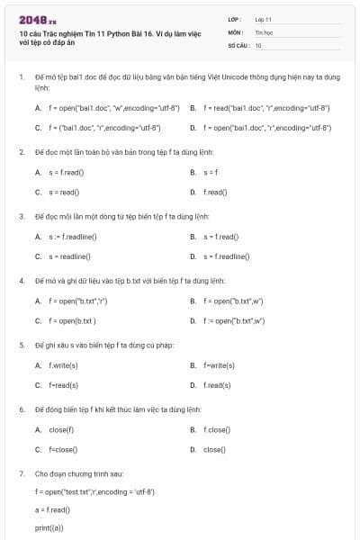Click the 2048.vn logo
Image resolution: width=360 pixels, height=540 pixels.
coord(31,19)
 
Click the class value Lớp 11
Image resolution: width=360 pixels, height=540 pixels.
coord(263,19)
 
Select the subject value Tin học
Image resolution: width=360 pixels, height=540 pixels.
coord(263,31)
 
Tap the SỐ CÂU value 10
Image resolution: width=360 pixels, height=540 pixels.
coord(258,44)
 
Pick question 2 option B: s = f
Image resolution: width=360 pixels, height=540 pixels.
coord(211,172)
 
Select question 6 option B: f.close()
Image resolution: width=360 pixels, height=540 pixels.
coord(217,429)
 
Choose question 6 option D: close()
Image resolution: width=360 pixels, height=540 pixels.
coord(213,449)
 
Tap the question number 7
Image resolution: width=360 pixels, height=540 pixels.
coord(21,472)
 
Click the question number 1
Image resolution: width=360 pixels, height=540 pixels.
coord(21,78)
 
